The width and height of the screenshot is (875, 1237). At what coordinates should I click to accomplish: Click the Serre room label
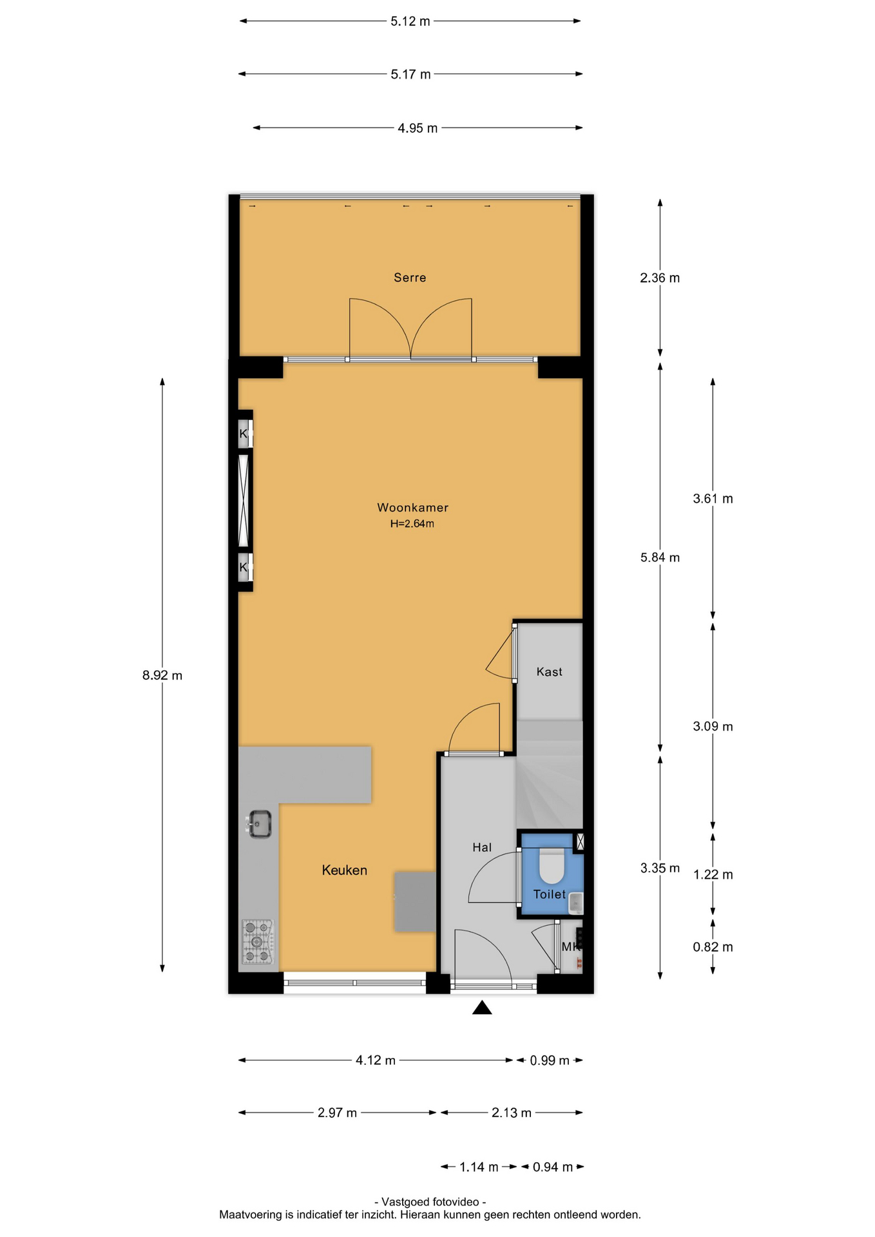410,278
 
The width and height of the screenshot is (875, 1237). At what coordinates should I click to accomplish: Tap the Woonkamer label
412,508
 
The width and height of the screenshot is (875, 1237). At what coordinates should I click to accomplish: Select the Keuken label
345,870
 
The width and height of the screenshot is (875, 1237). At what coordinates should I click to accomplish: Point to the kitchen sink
260,824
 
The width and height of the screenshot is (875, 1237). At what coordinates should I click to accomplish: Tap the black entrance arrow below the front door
482,1008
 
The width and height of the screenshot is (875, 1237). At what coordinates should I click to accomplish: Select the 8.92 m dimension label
162,675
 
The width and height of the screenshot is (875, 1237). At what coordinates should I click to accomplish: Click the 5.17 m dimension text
410,74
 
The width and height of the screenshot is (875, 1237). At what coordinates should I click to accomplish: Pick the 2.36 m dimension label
660,278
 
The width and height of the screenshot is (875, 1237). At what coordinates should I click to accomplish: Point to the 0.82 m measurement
713,947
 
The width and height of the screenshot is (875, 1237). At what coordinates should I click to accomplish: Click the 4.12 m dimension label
376,1060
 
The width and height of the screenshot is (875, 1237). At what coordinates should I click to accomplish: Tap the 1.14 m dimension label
479,1167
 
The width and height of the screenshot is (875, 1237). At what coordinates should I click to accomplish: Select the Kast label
550,672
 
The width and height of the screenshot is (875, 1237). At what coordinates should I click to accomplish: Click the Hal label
482,847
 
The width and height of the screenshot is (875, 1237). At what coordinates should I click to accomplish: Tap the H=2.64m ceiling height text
412,524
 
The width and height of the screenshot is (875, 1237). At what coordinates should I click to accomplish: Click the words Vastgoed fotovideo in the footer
430,1202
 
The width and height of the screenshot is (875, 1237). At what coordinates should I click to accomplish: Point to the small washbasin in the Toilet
576,903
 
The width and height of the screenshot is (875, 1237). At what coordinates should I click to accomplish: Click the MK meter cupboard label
571,946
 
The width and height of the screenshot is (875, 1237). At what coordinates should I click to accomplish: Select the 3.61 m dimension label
713,499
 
